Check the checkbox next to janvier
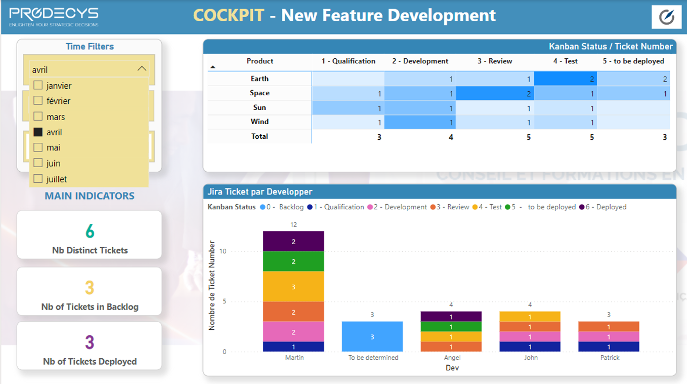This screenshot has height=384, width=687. (x=38, y=85)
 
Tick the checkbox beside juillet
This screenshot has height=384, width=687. (x=38, y=178)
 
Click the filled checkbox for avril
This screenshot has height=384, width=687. (x=38, y=132)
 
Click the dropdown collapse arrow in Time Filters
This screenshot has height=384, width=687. (x=142, y=69)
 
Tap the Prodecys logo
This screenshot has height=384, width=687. (x=54, y=17)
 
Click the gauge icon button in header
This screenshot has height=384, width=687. (x=666, y=17)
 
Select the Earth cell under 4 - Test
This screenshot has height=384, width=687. (x=565, y=79)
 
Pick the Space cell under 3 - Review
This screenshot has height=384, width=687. (x=495, y=93)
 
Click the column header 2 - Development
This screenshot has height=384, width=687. (x=420, y=61)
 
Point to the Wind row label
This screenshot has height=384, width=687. (x=260, y=122)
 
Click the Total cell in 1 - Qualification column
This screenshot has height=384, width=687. (x=379, y=137)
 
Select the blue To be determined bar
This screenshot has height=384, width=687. (x=372, y=336)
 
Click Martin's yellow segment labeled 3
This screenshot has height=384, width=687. (x=293, y=287)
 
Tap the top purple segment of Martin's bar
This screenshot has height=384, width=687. (x=293, y=242)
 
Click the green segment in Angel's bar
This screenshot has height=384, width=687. (x=451, y=327)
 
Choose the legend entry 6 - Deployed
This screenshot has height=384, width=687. (x=603, y=207)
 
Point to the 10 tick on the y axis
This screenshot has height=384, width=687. (x=223, y=251)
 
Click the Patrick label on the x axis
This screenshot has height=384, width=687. (x=610, y=358)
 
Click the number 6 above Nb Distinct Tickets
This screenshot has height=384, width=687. (x=90, y=231)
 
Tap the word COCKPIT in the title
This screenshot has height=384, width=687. (x=229, y=15)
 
